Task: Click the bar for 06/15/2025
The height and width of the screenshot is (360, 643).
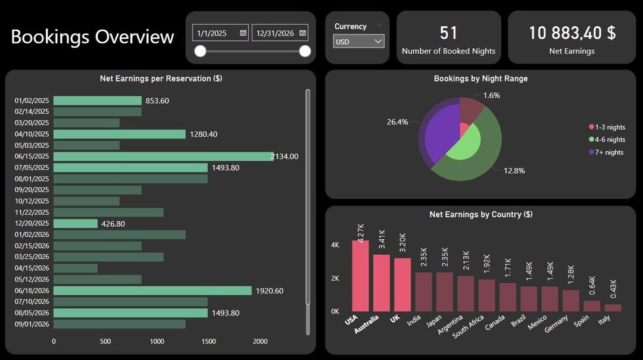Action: click(x=163, y=156)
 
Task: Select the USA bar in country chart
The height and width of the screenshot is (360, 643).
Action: click(x=360, y=276)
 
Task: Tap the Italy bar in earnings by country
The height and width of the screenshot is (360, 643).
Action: click(x=613, y=308)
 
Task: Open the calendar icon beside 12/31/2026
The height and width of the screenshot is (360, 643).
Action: click(x=302, y=33)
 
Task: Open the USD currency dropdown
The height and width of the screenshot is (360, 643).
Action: click(x=358, y=42)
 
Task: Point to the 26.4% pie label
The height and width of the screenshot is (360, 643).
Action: click(x=397, y=122)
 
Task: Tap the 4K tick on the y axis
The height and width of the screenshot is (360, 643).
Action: click(x=335, y=245)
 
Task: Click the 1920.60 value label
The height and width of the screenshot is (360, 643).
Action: click(x=269, y=291)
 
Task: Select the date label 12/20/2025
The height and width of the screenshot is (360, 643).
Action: click(x=32, y=224)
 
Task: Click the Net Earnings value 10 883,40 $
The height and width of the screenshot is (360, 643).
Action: click(x=572, y=33)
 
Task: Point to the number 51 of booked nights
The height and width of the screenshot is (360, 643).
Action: click(x=448, y=33)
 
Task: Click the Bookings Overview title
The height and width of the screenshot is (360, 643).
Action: click(x=92, y=37)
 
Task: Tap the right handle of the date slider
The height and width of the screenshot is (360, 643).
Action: click(x=305, y=52)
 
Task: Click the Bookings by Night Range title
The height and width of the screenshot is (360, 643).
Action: click(x=480, y=79)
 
